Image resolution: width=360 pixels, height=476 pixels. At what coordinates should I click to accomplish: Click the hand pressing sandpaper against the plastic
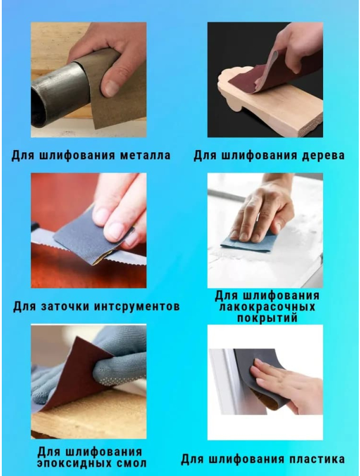[x=292, y=387]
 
